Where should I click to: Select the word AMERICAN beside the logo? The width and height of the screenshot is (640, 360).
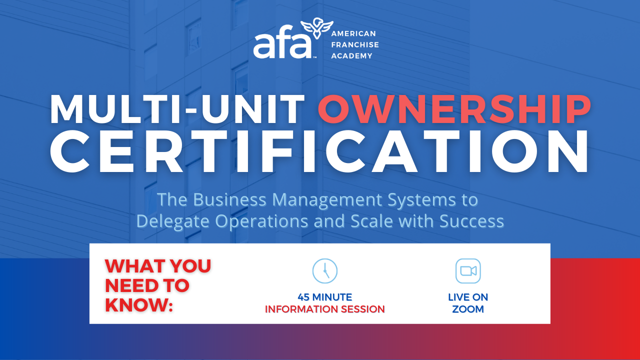point(353,33)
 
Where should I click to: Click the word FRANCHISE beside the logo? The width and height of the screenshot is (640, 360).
point(355,44)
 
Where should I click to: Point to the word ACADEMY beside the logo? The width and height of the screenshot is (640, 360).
point(351,55)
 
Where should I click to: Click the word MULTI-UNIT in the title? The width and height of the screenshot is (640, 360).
point(177,109)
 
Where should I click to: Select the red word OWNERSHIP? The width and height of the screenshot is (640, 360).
point(454,109)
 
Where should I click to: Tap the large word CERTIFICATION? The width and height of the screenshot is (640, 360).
point(319,151)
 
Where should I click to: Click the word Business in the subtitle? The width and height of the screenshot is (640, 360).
point(229,199)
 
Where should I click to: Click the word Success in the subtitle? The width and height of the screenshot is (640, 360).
point(471,221)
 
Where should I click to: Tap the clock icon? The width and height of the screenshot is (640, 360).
point(325,271)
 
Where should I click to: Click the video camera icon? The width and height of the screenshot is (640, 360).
point(468,271)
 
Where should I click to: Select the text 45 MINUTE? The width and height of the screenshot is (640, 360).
point(325,297)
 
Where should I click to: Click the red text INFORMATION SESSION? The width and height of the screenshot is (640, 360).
point(325,309)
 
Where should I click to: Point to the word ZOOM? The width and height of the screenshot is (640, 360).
point(468,309)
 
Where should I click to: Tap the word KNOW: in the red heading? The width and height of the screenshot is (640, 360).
point(139,305)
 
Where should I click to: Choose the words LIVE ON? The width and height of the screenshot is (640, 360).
point(468,297)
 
